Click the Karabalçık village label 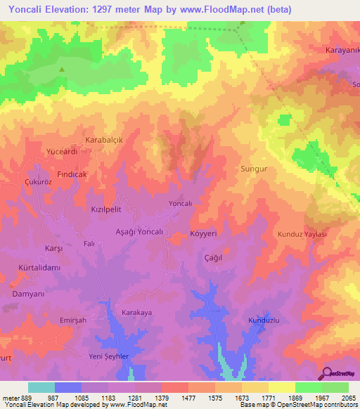pos(104,140)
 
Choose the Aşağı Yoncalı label pos(139,231)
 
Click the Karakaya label pos(136,312)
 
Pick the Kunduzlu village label pos(264,320)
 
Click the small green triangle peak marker pos(62,69)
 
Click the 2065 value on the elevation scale pos(345,398)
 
